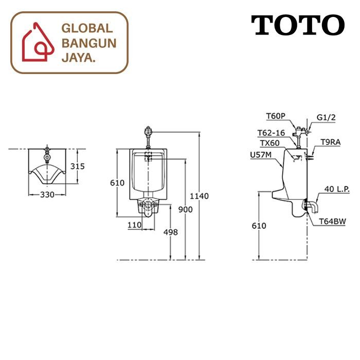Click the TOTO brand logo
(298, 25)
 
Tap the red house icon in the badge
(37, 42)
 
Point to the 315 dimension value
(77, 167)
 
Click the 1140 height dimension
(199, 196)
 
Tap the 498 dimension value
(170, 232)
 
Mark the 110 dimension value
(135, 225)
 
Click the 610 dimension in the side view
(259, 226)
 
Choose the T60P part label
(276, 117)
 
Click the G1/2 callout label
(326, 117)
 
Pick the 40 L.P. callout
(337, 189)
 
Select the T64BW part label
(333, 221)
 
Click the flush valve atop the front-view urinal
(148, 133)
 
